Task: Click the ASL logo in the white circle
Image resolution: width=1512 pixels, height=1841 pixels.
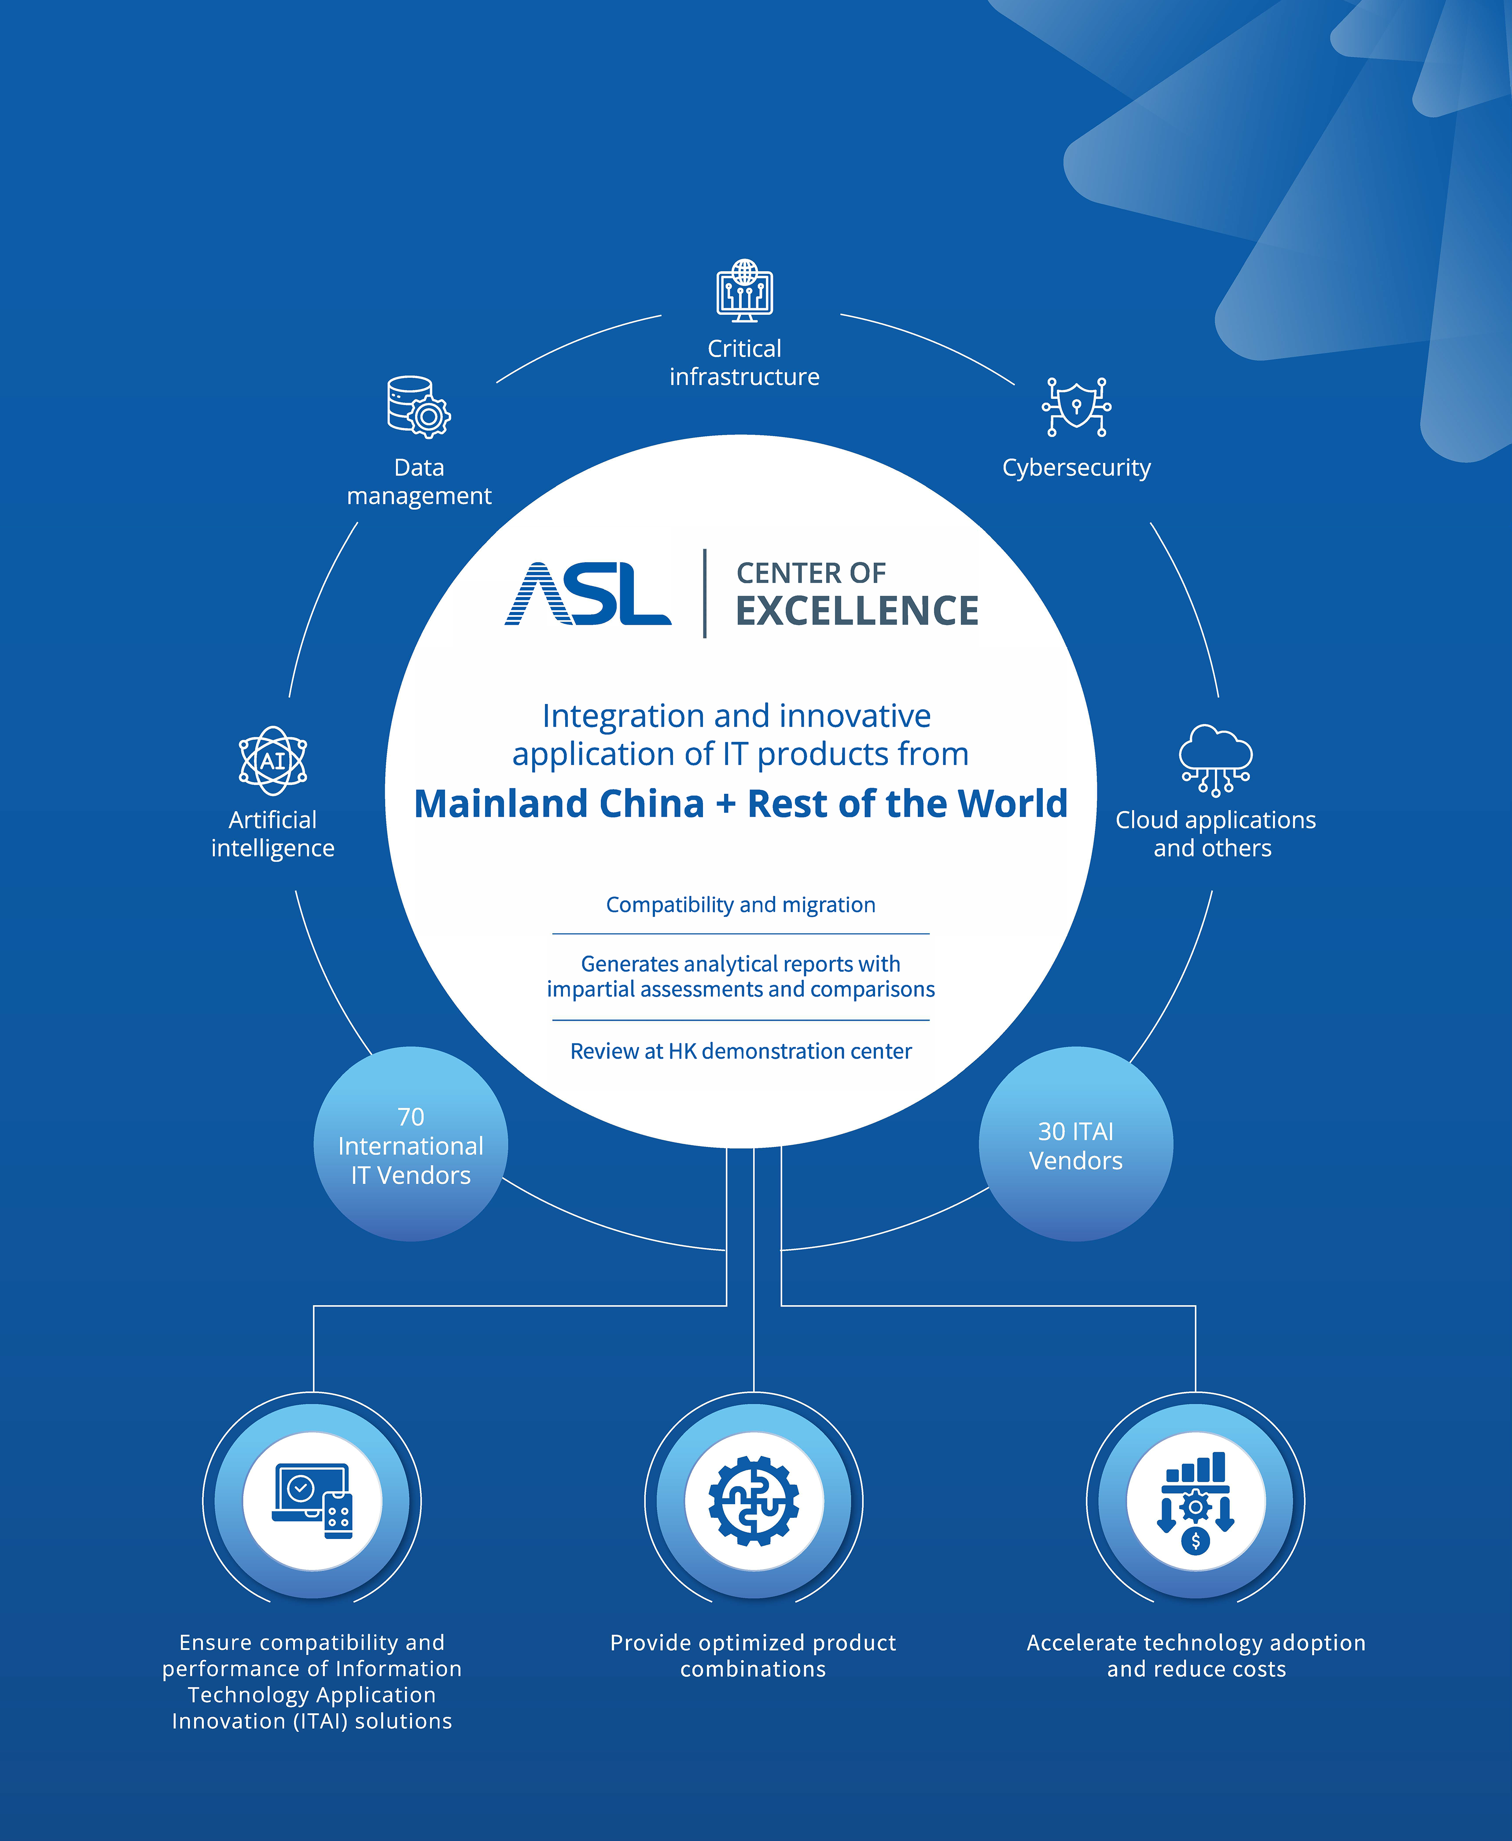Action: (x=588, y=594)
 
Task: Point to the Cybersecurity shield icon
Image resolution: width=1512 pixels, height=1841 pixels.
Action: (x=1077, y=407)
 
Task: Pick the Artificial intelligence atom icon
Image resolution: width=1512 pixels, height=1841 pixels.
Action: (x=272, y=760)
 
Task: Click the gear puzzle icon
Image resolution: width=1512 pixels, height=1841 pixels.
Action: (x=754, y=1501)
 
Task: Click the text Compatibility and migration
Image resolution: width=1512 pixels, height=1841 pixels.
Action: (x=740, y=905)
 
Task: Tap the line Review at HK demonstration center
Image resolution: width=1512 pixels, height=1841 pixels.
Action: (x=740, y=1051)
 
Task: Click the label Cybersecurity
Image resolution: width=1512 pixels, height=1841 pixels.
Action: (x=1077, y=468)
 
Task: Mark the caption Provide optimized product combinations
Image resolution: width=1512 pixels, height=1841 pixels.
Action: (x=754, y=1656)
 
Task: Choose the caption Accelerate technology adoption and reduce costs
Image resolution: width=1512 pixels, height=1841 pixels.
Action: (x=1196, y=1656)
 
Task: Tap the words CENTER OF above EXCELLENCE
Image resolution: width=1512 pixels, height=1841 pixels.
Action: (x=811, y=573)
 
